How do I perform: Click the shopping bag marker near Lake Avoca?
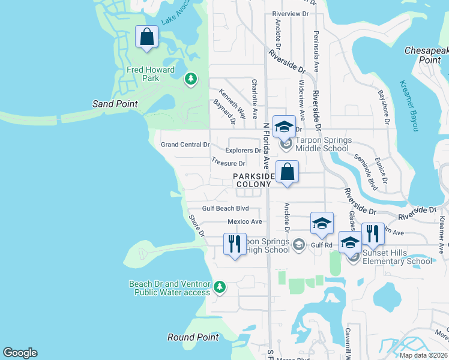point(146,38)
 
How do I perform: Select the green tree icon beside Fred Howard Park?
point(191,79)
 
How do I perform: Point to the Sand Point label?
point(115,104)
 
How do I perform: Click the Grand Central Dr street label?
point(185,145)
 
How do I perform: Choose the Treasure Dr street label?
point(229,163)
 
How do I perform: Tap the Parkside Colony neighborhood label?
point(254,180)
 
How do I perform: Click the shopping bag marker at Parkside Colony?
point(288,172)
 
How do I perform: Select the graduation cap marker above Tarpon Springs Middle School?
point(284,127)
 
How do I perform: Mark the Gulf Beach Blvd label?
point(225,209)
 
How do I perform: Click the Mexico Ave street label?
point(245,222)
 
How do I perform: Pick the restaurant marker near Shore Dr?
point(235,244)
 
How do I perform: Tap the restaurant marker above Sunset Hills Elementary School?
point(373,234)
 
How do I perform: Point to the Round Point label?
point(193,337)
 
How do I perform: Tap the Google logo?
point(20,353)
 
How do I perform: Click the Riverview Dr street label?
point(294,13)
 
